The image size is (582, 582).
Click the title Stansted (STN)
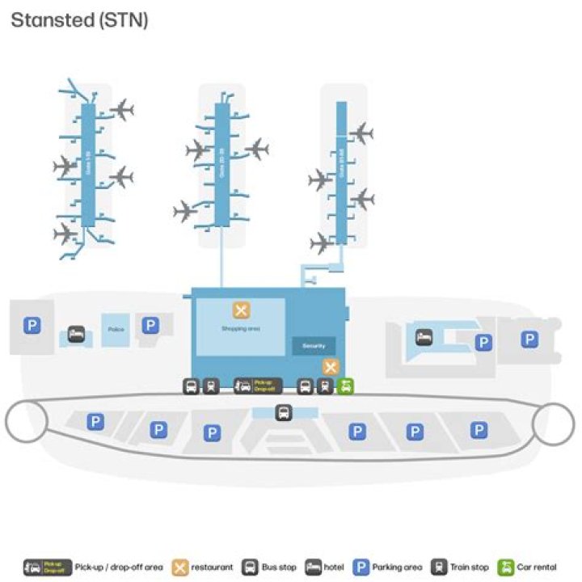(x=79, y=20)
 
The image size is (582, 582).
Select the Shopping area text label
(x=240, y=329)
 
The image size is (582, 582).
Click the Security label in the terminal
(x=313, y=346)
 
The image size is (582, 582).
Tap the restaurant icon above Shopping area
(x=241, y=310)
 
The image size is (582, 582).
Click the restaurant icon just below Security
(x=329, y=366)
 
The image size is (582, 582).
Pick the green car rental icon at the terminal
(x=345, y=386)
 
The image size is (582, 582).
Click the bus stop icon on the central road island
(x=284, y=412)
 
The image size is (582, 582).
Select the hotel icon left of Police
(x=76, y=333)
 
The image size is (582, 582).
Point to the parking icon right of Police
(x=150, y=325)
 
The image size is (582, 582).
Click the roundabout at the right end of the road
(x=555, y=420)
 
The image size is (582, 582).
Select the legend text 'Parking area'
(x=396, y=567)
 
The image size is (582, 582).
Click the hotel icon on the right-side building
(x=424, y=337)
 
